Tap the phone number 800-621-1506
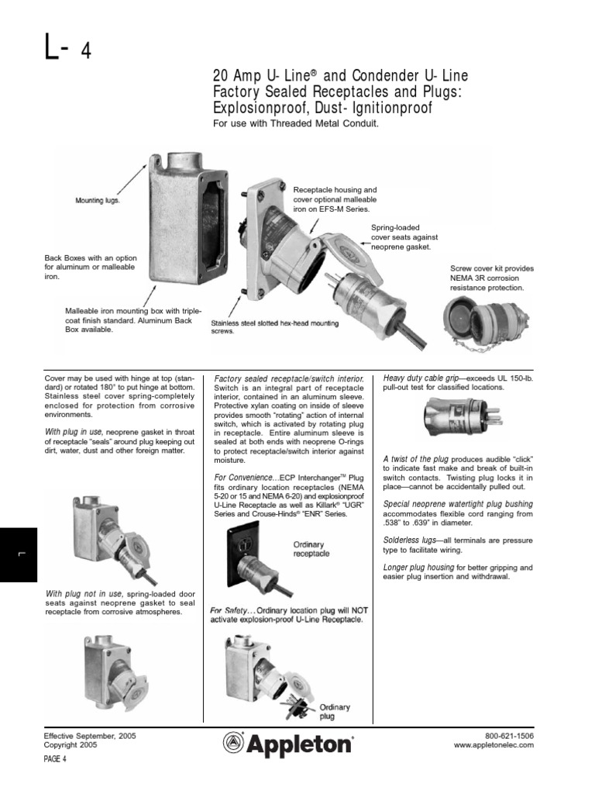tap(509, 735)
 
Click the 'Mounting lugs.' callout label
tap(98, 199)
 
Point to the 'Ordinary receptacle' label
tap(311, 549)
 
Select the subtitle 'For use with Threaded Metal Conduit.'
tap(295, 124)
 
